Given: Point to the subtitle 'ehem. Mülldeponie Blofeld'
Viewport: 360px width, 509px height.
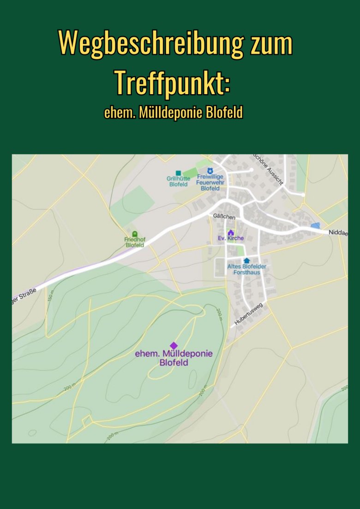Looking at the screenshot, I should coord(174,113).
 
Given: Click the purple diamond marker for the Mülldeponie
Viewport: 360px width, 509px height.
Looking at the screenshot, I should coord(174,345).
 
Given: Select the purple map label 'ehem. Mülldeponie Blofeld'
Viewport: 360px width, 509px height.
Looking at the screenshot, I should coord(174,358).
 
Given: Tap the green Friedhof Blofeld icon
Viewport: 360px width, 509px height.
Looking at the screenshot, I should coord(135,234).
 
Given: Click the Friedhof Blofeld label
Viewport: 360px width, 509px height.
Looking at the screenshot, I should coord(135,242).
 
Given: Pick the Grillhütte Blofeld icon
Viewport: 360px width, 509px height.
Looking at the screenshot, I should coord(178,173).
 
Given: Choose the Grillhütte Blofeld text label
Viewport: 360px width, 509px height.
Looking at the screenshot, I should coord(178,181).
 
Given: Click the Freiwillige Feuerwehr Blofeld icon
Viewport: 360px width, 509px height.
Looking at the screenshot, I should coord(210,171).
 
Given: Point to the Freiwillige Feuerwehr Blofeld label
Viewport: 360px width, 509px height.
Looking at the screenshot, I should coord(210,182).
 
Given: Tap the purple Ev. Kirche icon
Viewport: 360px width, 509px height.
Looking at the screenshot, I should coord(231,232).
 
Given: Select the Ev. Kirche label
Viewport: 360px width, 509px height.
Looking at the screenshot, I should coord(231,239).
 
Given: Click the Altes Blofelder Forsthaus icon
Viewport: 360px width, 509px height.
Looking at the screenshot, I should coord(246,261).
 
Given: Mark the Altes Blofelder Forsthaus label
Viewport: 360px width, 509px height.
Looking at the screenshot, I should coord(246,269).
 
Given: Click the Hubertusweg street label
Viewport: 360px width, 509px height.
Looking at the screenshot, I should coord(248,314).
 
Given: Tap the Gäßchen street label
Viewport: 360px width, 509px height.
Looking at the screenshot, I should coord(224,216).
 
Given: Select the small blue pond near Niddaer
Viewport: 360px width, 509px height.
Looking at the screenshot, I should coord(315,225).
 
